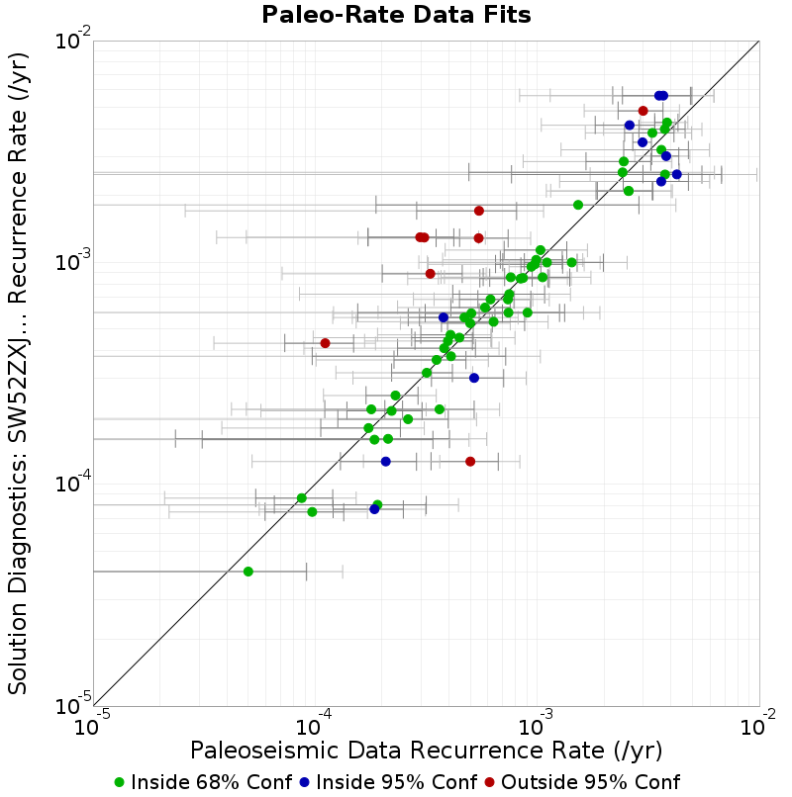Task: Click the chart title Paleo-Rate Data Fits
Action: point(396,15)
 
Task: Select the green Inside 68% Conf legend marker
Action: point(120,783)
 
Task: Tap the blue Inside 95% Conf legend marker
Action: point(304,783)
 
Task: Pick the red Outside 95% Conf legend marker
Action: point(490,783)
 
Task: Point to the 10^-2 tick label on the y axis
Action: point(73,40)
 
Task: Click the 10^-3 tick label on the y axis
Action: point(73,262)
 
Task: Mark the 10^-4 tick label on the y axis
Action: point(73,484)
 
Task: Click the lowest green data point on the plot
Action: point(248,572)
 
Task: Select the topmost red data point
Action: point(643,111)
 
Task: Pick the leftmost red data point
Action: point(326,343)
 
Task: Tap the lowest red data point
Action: point(470,462)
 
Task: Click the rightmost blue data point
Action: point(677,174)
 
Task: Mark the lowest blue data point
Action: point(374,509)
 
